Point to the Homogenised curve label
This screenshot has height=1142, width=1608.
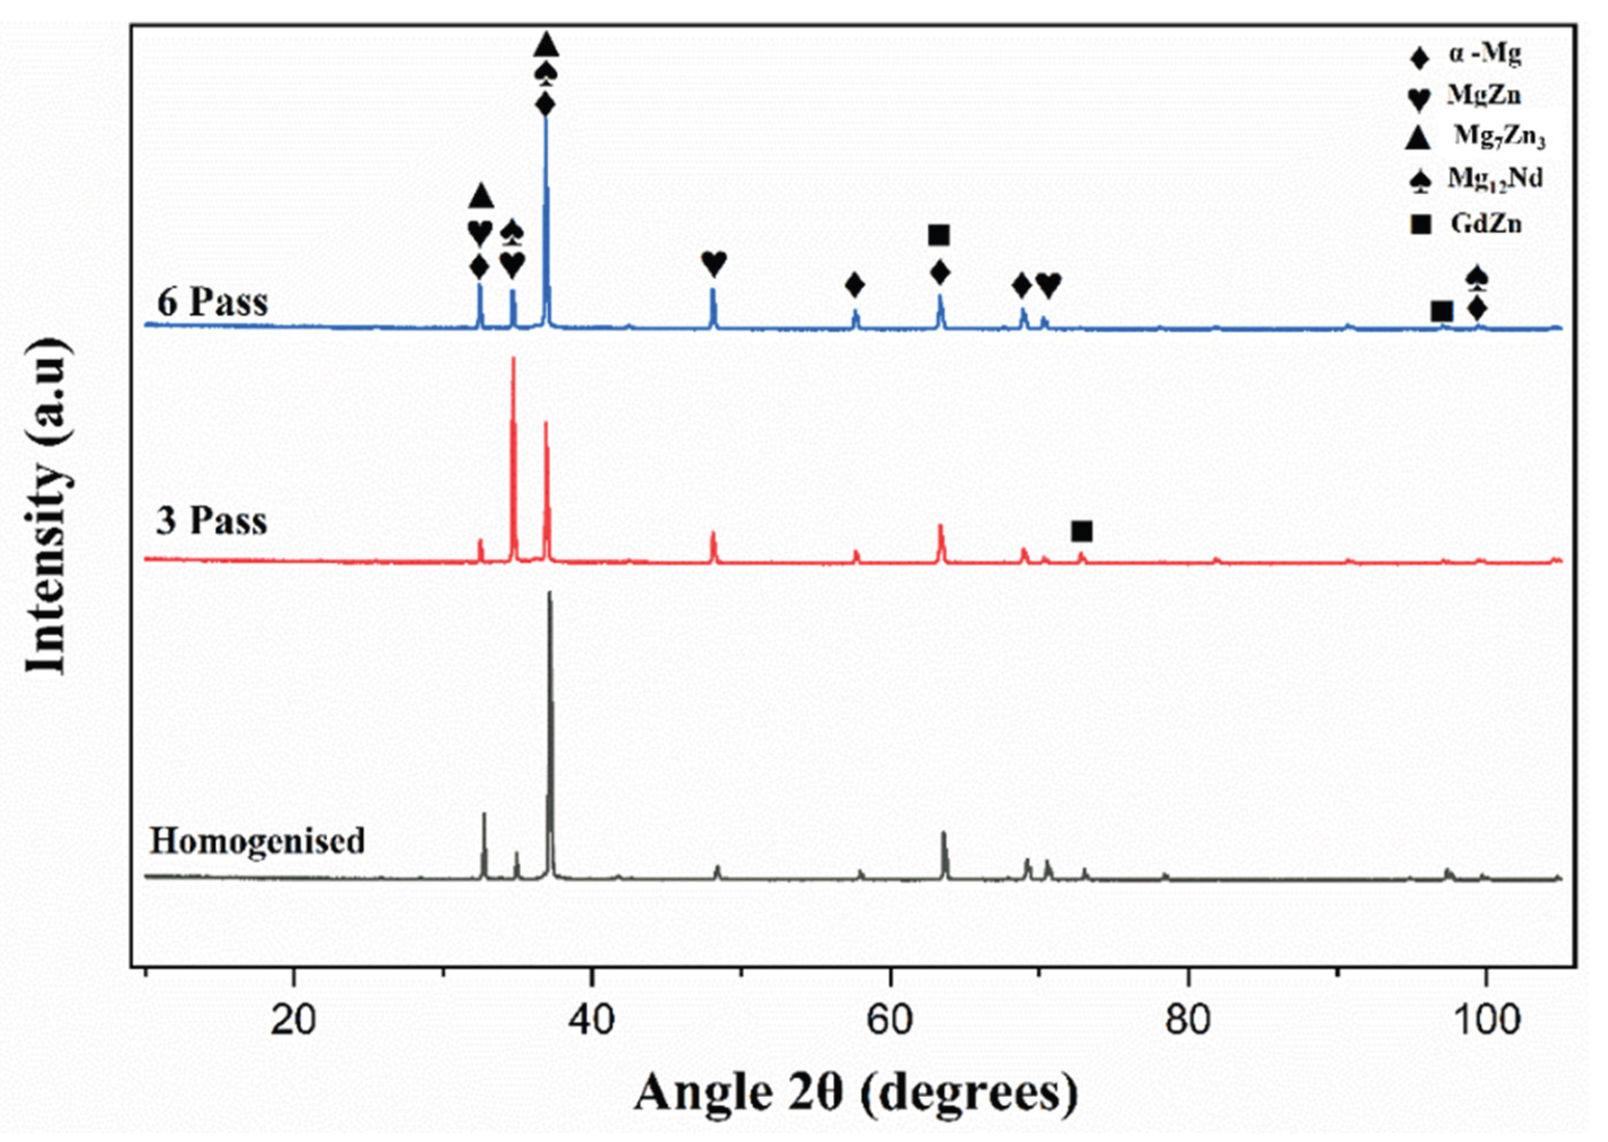pyautogui.click(x=258, y=841)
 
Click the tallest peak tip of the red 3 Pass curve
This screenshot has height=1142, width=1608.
pyautogui.click(x=513, y=359)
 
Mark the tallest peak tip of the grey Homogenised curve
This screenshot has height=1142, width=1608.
pyautogui.click(x=550, y=593)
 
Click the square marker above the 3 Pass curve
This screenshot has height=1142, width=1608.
pyautogui.click(x=1082, y=532)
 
